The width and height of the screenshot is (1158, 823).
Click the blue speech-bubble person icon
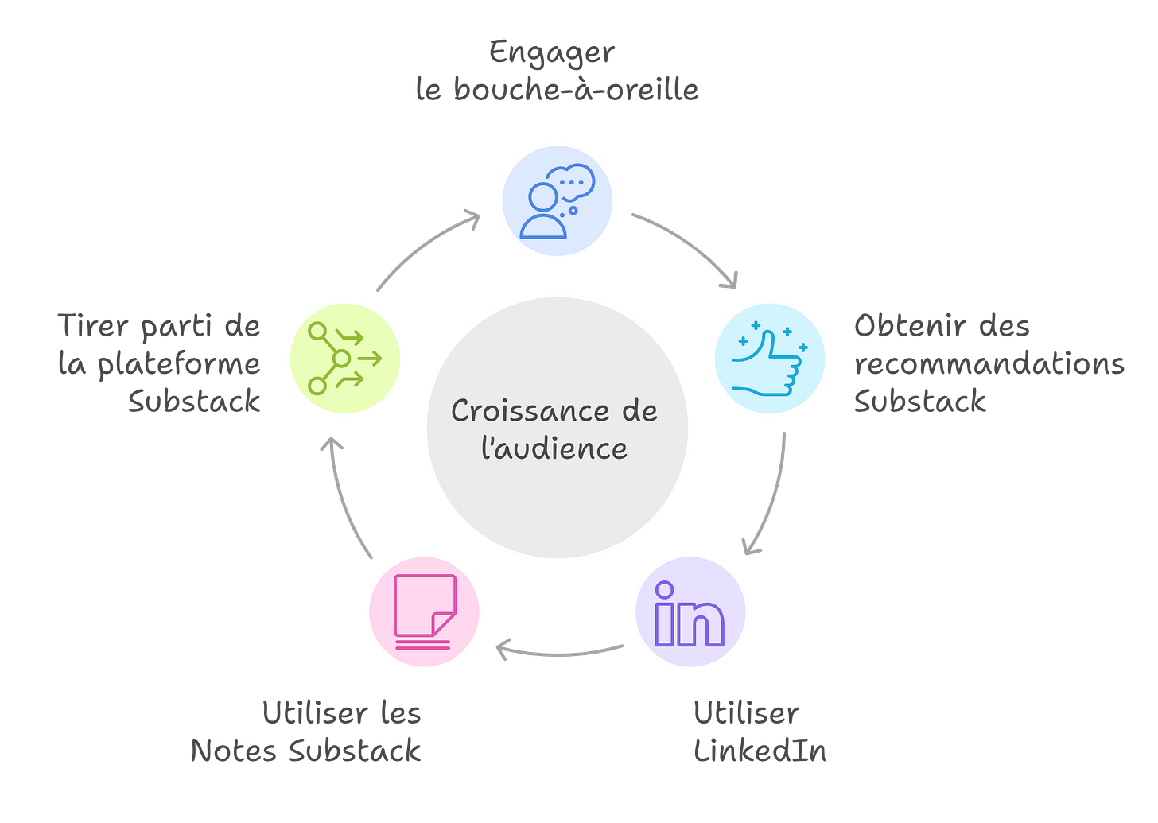[556, 200]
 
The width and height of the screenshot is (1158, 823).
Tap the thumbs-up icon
[769, 359]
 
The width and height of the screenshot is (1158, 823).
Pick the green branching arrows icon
[345, 359]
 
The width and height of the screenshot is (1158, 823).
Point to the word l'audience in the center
[554, 448]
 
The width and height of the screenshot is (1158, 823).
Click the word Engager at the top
[550, 53]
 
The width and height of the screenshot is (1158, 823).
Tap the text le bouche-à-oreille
[556, 90]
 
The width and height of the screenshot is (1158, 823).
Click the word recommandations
[989, 363]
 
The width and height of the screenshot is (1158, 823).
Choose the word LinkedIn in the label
[760, 750]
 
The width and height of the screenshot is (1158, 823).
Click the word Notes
[232, 750]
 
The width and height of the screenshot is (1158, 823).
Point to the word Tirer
[89, 326]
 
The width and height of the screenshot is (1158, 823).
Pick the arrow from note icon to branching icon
[344, 497]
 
